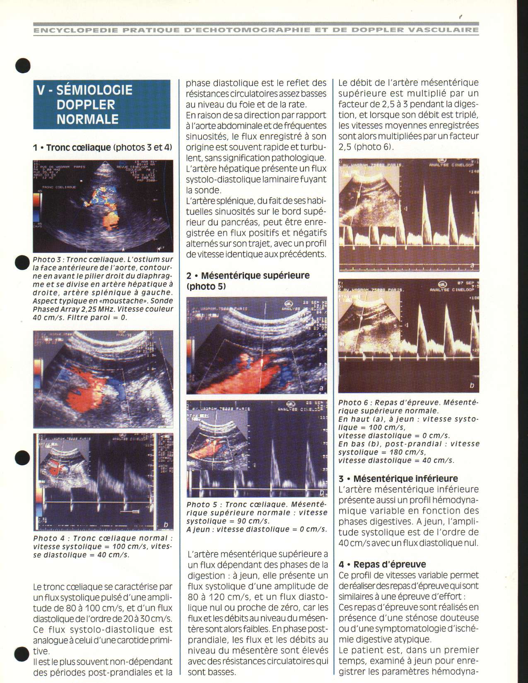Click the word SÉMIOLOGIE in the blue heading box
pyautogui.click(x=94, y=90)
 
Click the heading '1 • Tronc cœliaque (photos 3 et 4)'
pyautogui.click(x=102, y=147)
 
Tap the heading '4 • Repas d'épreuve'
pyautogui.click(x=382, y=565)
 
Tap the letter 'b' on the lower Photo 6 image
pyautogui.click(x=471, y=386)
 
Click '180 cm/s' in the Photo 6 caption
pyautogui.click(x=407, y=452)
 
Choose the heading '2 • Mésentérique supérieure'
pyautogui.click(x=248, y=276)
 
